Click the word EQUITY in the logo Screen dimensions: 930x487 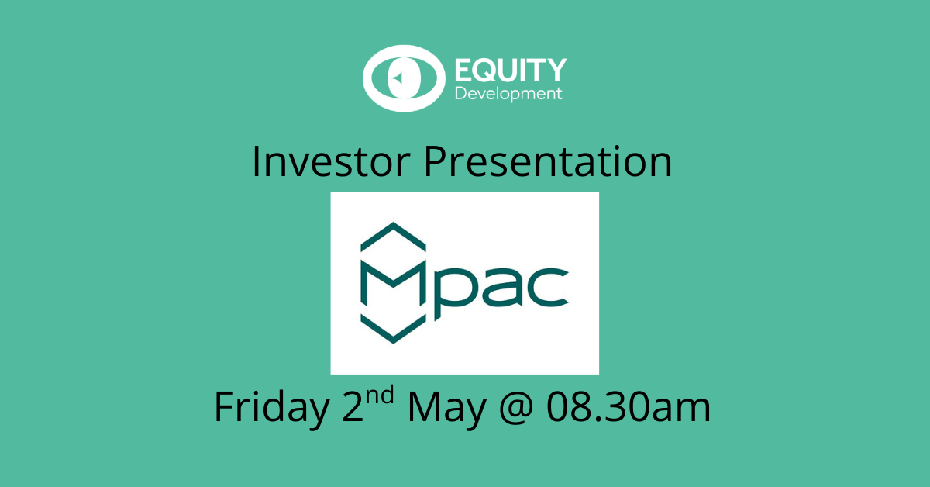click(511, 70)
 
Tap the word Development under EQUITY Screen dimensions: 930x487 click(508, 95)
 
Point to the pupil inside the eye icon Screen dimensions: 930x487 click(404, 78)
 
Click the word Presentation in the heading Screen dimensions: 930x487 click(548, 161)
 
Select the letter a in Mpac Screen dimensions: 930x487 click(501, 287)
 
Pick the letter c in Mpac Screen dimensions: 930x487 click(547, 287)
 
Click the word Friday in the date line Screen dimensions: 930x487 click(272, 407)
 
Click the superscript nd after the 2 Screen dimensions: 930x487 click(380, 395)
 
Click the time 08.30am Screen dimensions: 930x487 click(629, 407)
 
